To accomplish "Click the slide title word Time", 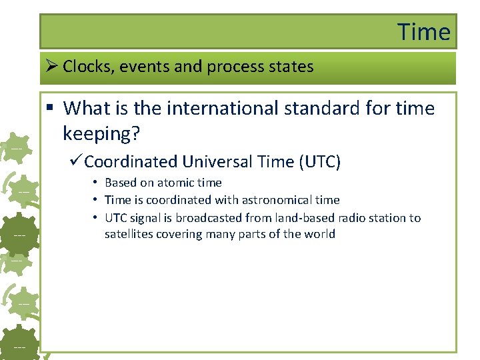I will click(x=424, y=31).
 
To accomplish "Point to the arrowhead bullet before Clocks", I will click(x=53, y=67).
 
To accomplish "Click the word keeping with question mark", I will click(x=101, y=133).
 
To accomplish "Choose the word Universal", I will click(x=217, y=161).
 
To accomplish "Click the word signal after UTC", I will click(x=147, y=218).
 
